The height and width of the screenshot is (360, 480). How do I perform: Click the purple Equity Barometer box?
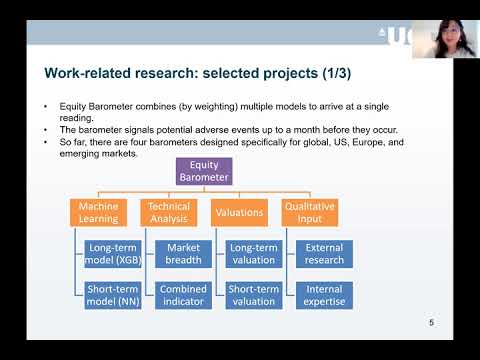[x=204, y=171]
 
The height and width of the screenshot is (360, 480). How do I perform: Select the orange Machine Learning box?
[x=99, y=212]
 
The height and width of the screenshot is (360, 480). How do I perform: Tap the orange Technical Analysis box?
[x=168, y=212]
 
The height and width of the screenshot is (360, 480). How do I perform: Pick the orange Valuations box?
[x=240, y=212]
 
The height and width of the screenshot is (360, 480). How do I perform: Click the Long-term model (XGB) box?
[x=113, y=253]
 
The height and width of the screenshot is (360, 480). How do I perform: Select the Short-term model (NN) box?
[x=113, y=295]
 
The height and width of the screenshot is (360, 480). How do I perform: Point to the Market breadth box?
[x=183, y=253]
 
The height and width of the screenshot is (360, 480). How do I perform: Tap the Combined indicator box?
[x=183, y=295]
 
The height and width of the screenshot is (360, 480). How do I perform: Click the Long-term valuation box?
[x=254, y=253]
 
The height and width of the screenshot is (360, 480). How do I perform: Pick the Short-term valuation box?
[x=254, y=295]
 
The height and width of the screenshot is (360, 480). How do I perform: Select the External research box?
[x=324, y=253]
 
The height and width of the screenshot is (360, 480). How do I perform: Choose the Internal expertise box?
[x=324, y=295]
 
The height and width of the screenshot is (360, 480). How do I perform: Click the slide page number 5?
[x=431, y=322]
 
